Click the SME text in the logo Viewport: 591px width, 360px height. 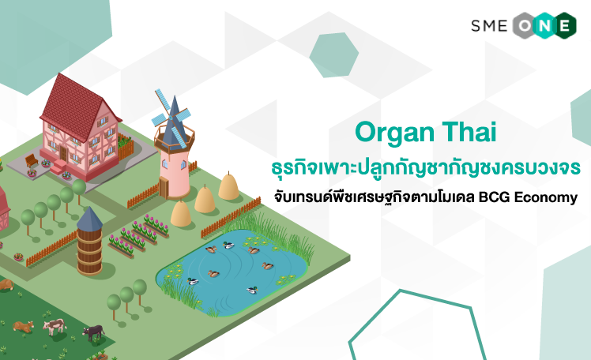(489, 26)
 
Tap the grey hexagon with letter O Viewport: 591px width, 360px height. (525, 25)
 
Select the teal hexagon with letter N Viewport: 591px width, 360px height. (544, 25)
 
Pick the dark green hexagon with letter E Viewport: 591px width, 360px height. (564, 25)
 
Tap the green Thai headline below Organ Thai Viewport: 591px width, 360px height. (426, 168)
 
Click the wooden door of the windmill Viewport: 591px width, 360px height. (164, 188)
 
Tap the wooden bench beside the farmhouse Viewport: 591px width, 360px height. (32, 161)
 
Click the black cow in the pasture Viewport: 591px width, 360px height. (94, 332)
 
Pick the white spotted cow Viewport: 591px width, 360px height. (55, 326)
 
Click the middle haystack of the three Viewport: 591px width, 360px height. (205, 200)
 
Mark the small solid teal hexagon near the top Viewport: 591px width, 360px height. (334, 55)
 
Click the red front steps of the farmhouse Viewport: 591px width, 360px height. (58, 167)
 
